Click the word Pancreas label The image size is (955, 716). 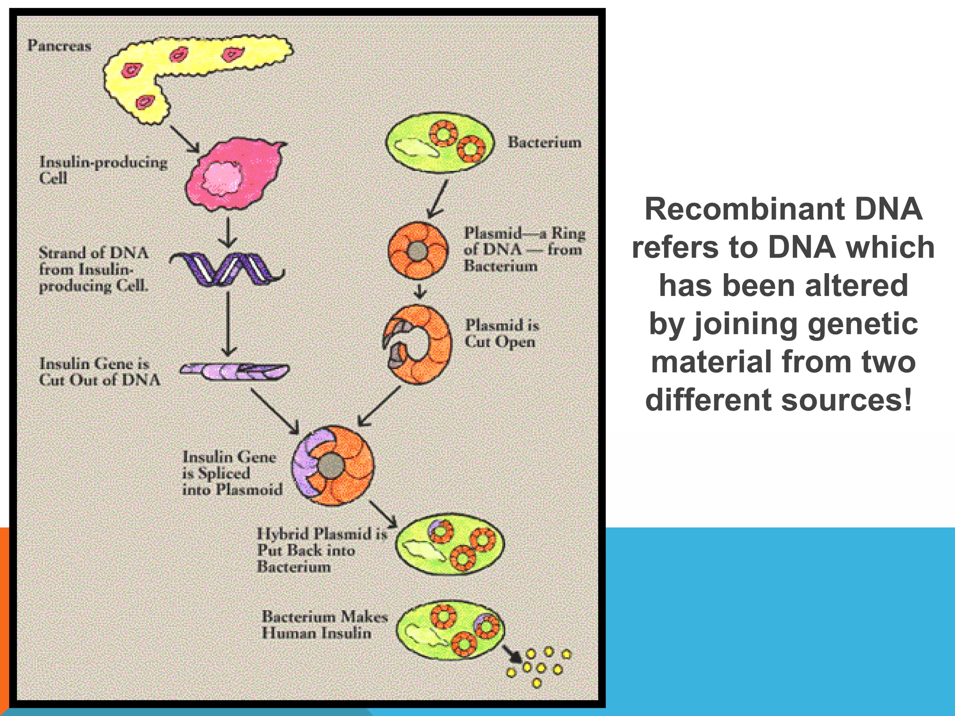click(59, 46)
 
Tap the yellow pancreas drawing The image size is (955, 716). click(196, 65)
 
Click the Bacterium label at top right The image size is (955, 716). click(544, 142)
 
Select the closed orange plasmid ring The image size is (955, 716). click(417, 251)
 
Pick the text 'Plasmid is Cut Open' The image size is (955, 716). click(501, 333)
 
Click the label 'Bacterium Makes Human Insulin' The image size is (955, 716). click(324, 625)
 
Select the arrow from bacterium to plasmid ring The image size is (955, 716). click(438, 199)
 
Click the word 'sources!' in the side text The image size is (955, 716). click(846, 400)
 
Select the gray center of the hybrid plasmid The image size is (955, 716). click(331, 465)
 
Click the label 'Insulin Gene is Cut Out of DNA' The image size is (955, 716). click(99, 372)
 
